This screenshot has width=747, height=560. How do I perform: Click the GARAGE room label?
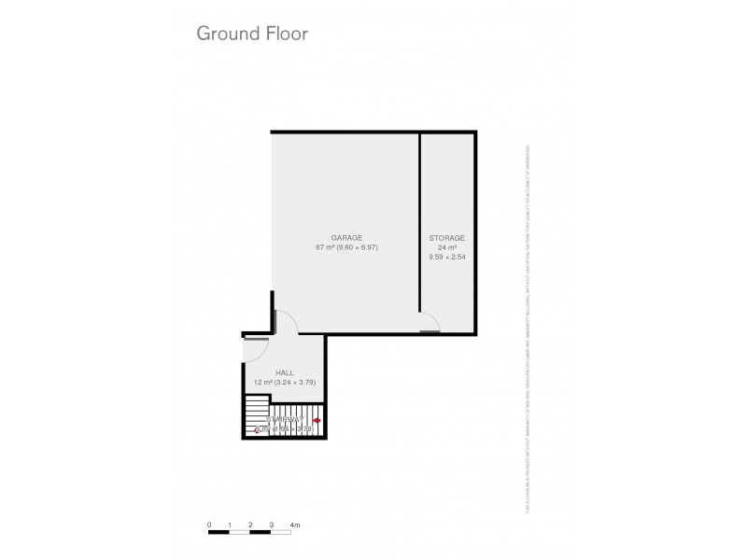[x=345, y=238]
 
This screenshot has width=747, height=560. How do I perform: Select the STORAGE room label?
[x=447, y=238]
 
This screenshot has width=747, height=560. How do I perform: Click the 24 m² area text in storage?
[x=447, y=247]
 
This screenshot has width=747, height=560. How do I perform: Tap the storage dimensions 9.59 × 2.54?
[x=447, y=257]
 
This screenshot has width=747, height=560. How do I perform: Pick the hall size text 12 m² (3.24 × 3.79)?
[x=285, y=382]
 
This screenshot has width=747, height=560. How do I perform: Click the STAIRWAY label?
[x=284, y=420]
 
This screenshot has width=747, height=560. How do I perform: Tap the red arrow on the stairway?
[x=317, y=422]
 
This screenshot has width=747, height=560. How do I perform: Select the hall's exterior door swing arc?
[x=254, y=350]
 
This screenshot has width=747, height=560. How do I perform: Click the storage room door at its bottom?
[x=430, y=329]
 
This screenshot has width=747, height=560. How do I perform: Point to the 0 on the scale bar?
[x=210, y=525]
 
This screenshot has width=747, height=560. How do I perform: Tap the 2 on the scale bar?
[x=251, y=525]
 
